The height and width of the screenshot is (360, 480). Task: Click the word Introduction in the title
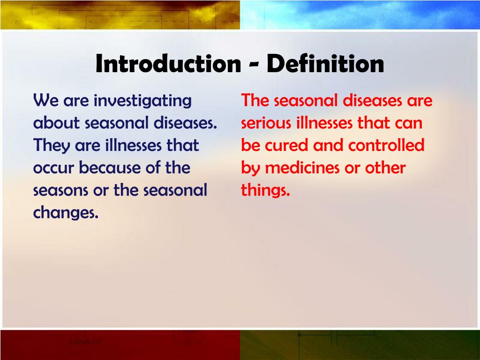pos(167,64)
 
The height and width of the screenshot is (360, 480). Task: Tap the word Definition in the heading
pos(325,64)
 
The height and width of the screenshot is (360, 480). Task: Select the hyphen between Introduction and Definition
pos(253,65)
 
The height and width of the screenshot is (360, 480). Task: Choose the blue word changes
pos(66,213)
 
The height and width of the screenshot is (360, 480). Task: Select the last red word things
pos(266,191)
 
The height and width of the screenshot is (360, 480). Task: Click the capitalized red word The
pos(255,101)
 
